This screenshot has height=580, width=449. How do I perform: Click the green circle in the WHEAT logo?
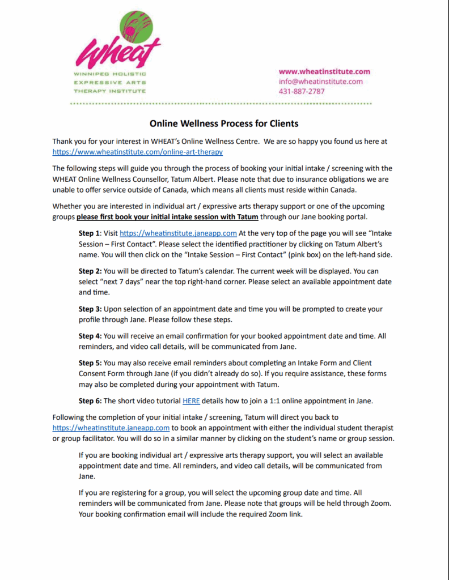click(135, 29)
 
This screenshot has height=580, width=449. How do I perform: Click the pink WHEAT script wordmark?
click(117, 53)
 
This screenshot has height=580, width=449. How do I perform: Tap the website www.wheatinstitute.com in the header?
click(324, 71)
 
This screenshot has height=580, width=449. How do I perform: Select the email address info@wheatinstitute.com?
click(320, 81)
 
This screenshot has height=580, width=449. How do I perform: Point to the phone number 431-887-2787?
click(302, 91)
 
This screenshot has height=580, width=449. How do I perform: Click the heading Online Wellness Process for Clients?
click(224, 123)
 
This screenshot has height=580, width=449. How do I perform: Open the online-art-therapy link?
click(137, 152)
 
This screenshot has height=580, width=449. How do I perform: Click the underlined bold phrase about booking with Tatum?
click(168, 216)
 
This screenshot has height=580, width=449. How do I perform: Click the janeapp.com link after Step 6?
click(111, 428)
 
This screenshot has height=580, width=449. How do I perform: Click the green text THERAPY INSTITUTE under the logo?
click(109, 91)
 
